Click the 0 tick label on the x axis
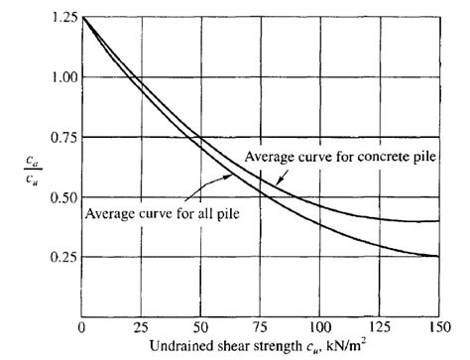[81, 325]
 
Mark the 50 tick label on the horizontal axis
[200, 325]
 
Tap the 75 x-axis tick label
[261, 325]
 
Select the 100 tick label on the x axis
[320, 325]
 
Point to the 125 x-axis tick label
[380, 325]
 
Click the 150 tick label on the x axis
[439, 325]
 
